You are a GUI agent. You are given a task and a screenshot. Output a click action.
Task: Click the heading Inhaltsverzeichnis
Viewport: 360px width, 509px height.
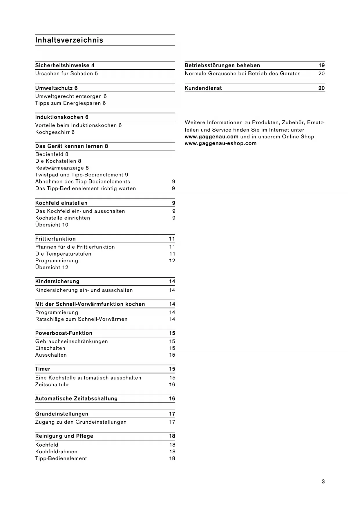(x=69, y=40)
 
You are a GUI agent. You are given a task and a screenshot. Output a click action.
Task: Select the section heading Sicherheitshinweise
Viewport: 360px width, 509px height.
(x=62, y=66)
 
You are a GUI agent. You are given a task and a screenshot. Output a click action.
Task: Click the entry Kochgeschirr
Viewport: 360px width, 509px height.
(x=53, y=132)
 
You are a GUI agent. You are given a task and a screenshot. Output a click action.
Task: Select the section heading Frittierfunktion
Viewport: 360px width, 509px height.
(x=55, y=239)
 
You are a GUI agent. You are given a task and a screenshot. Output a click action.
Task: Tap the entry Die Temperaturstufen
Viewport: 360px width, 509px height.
(x=63, y=254)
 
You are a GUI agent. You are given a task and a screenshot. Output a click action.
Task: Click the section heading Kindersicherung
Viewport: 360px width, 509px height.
(x=57, y=281)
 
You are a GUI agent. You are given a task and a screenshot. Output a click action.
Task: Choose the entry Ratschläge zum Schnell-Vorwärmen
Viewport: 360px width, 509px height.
(x=81, y=319)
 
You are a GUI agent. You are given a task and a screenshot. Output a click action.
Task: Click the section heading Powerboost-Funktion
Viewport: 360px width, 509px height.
(x=64, y=333)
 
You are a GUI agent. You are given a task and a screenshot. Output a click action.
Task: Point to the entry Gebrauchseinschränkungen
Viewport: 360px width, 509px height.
(x=71, y=342)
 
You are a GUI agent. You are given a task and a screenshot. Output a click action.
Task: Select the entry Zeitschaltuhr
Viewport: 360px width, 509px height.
(x=52, y=385)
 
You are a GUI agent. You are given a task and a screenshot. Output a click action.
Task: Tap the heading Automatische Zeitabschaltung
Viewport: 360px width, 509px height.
(x=76, y=399)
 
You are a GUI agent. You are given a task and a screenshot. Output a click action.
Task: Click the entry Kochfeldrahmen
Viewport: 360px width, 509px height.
(x=56, y=452)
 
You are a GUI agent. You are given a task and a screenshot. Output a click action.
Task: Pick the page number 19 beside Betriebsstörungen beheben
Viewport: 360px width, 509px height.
(x=321, y=66)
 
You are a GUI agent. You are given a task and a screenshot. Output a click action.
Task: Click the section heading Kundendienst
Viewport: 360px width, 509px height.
(x=203, y=88)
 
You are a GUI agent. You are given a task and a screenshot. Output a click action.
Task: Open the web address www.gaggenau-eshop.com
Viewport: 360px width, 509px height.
(x=220, y=143)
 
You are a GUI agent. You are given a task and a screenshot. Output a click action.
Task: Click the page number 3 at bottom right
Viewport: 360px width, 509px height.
(x=323, y=482)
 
